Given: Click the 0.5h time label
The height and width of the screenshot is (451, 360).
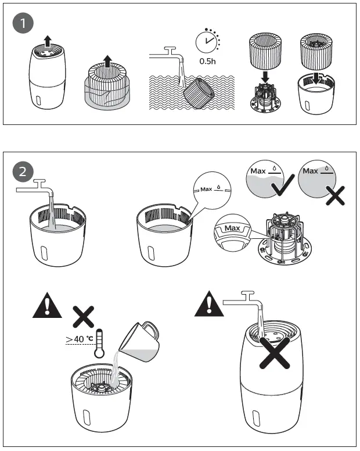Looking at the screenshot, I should coord(207,61).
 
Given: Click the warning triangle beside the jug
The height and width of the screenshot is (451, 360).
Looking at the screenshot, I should coord(47,306).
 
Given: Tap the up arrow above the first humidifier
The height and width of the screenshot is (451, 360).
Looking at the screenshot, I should coord(48,41).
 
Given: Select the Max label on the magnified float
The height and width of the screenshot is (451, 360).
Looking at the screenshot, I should coord(233,228).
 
